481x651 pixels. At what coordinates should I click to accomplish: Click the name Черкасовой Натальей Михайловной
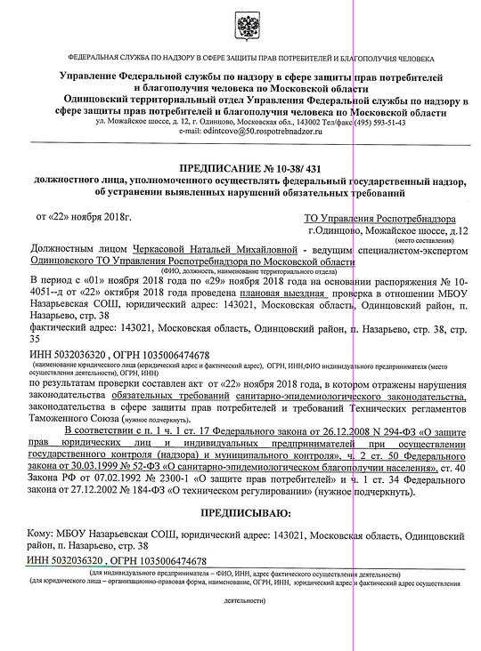213,252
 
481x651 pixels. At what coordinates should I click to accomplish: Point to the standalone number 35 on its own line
36,339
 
